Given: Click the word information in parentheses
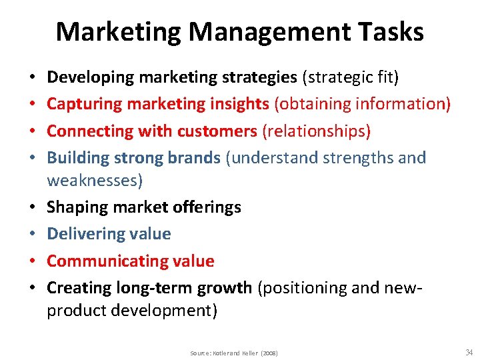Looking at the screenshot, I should [404, 105].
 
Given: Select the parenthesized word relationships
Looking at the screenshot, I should [317, 131].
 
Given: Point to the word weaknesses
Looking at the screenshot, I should [93, 180].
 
